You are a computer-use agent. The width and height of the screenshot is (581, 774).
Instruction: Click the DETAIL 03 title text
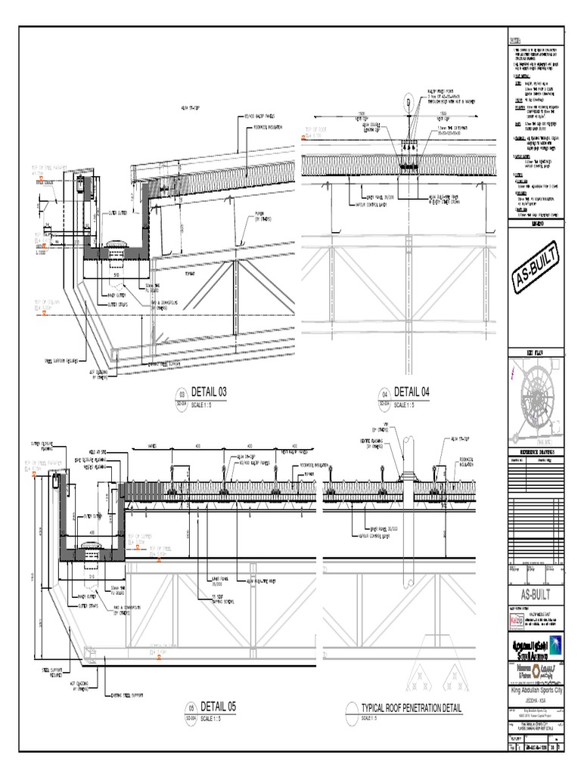pyautogui.click(x=210, y=392)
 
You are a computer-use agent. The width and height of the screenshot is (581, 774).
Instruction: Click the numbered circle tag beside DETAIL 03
pyautogui.click(x=180, y=393)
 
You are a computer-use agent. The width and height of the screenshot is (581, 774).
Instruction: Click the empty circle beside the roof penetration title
pyautogui.click(x=350, y=709)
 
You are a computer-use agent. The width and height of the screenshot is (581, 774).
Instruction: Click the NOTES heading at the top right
pyautogui.click(x=514, y=40)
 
